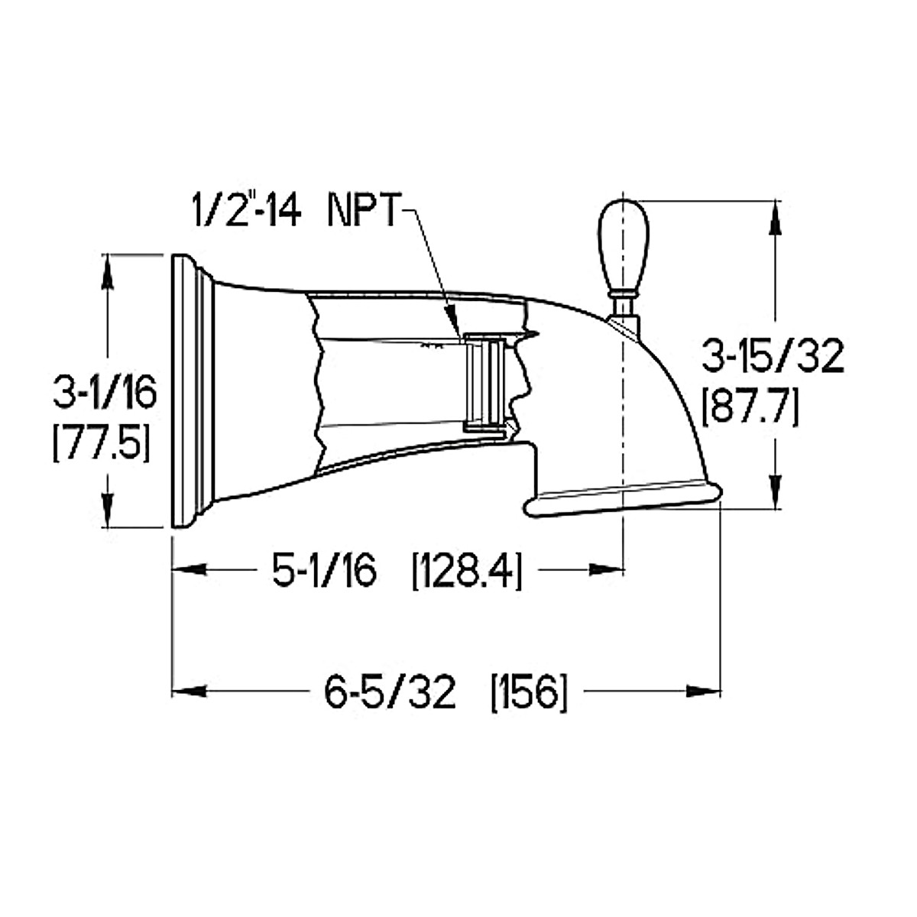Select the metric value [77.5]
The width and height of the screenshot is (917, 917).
click(x=100, y=442)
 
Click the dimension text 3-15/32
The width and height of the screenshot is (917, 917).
click(x=773, y=355)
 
